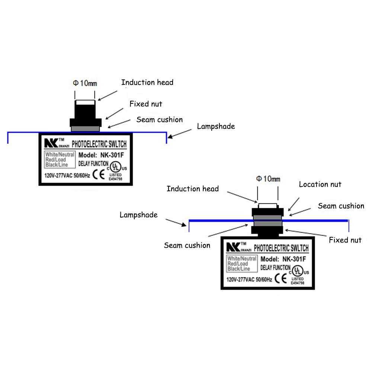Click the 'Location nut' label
(x=320, y=184)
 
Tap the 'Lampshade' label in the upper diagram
(x=216, y=126)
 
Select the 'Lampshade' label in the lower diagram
(x=138, y=215)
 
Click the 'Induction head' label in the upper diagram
(x=147, y=82)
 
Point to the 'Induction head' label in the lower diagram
(x=192, y=189)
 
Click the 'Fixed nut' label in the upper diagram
(x=145, y=104)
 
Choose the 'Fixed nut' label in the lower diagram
(x=345, y=240)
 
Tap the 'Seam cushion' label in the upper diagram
(x=159, y=120)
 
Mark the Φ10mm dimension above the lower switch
(x=268, y=179)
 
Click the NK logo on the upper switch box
(x=50, y=143)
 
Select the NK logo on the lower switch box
(x=232, y=247)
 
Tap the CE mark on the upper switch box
(x=98, y=174)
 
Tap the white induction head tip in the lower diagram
(x=267, y=206)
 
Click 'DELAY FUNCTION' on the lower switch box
(x=276, y=267)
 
